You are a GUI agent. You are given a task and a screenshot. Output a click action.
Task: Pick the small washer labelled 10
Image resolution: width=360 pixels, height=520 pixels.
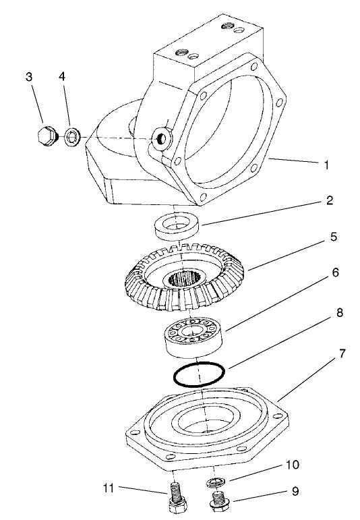[x=214, y=481]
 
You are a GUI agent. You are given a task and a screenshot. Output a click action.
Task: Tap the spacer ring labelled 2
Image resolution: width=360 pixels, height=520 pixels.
[x=179, y=226]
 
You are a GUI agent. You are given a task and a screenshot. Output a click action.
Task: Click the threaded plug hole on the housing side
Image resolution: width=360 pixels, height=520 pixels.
[x=161, y=139]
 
